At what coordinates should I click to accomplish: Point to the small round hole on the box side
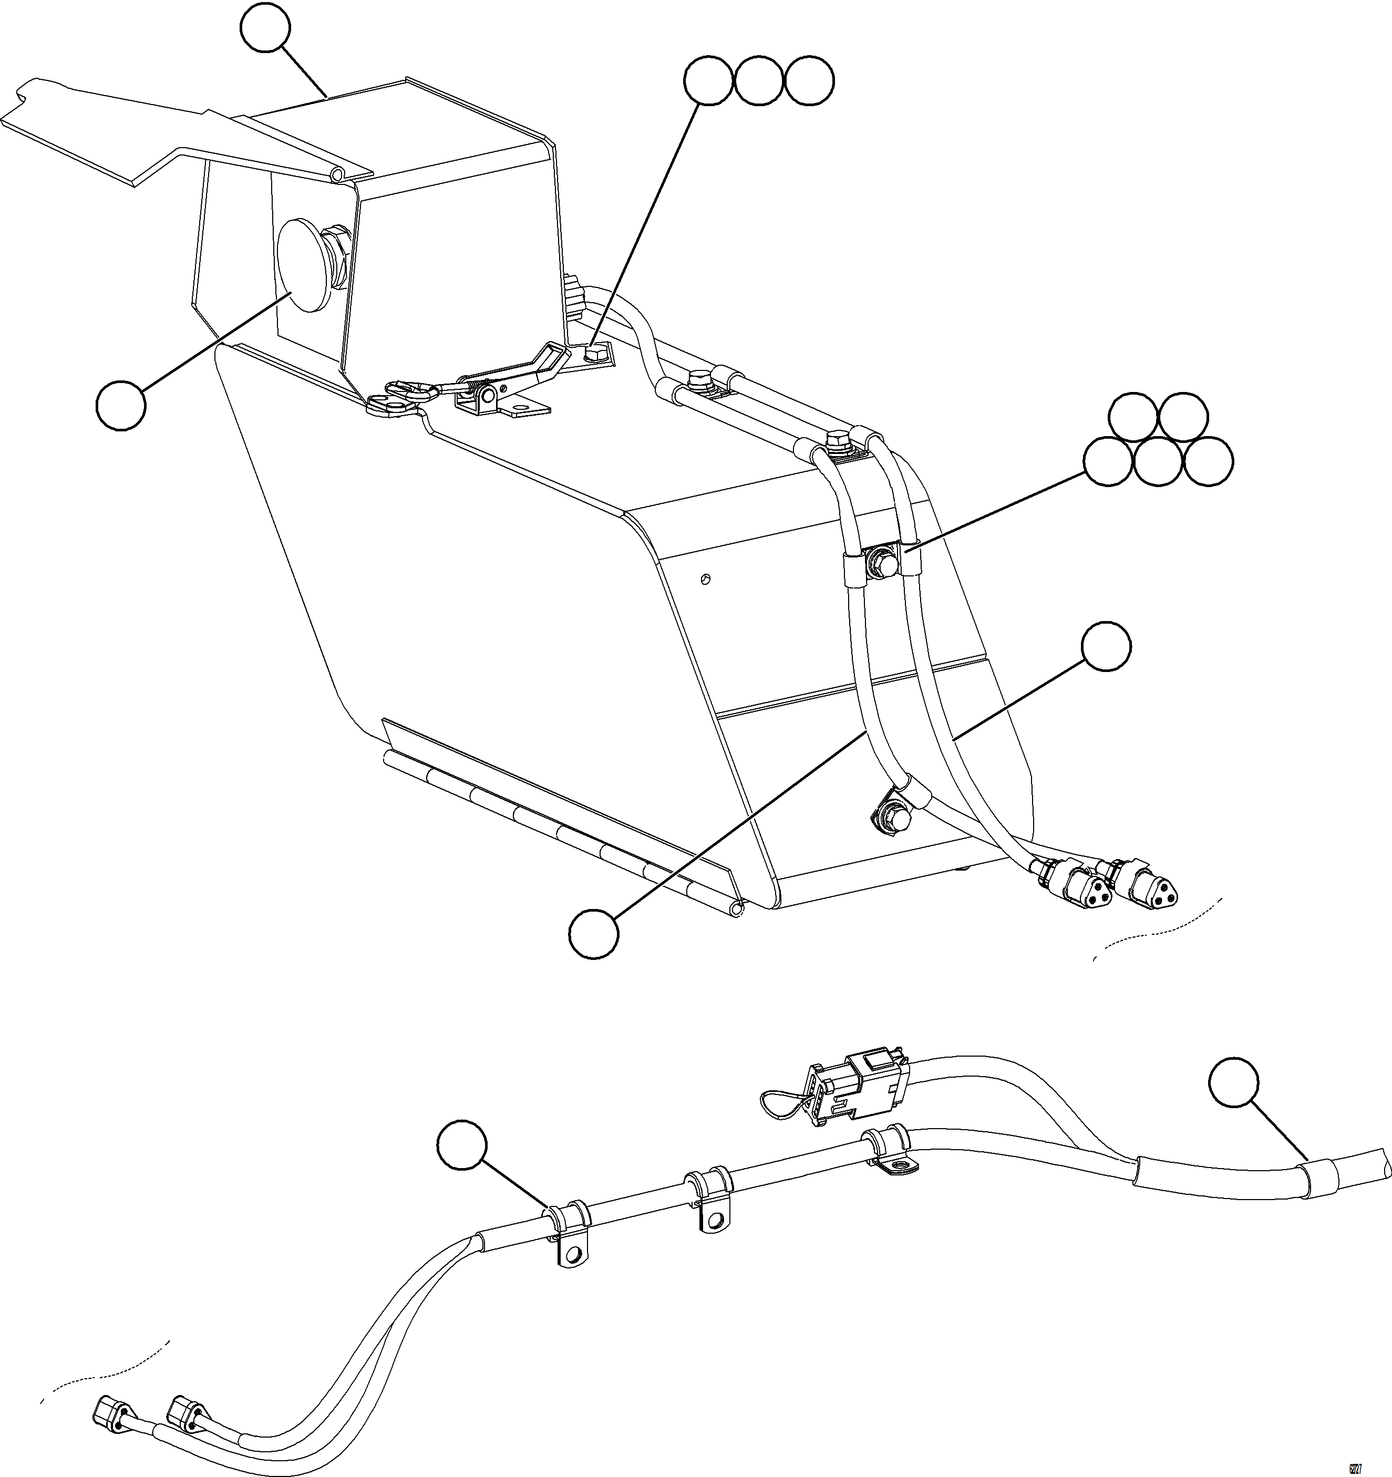point(706,578)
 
